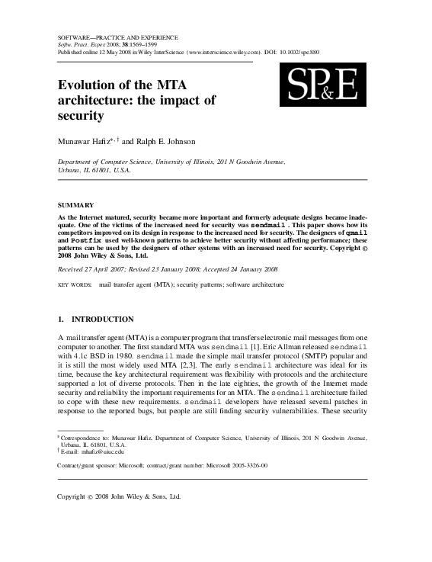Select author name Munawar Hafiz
tap(85, 141)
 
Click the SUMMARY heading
tap(76, 205)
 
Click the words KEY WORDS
tap(74, 284)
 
